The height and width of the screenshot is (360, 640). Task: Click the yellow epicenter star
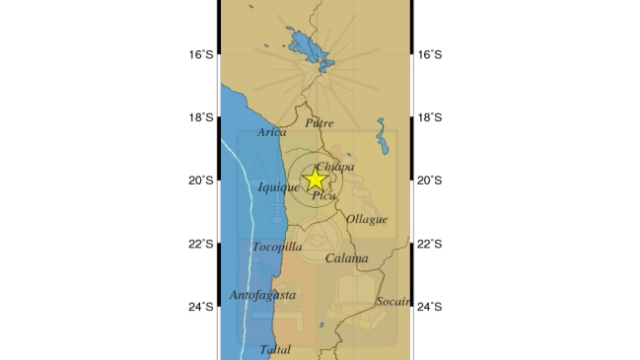pos(315,180)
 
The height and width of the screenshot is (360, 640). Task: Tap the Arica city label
pos(272,132)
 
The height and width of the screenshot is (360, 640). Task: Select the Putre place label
pos(320,123)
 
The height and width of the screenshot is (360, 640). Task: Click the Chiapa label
pos(335,167)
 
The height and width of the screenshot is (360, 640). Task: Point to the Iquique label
pos(278,187)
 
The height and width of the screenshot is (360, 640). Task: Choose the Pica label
pos(323,196)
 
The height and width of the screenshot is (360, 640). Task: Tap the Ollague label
pos(366,219)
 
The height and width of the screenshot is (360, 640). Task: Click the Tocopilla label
pos(277,247)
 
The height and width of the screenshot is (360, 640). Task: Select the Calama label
pos(346,258)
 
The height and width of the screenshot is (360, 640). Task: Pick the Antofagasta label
pos(261,295)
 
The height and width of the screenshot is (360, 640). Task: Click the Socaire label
pos(392,301)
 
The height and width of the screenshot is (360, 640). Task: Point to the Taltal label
pos(275,349)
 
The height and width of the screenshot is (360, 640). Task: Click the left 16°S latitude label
pos(201,55)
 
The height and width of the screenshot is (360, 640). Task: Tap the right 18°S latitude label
pos(430,118)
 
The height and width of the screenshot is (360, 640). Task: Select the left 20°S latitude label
pos(201,180)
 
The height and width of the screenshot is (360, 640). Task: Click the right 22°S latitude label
pos(430,245)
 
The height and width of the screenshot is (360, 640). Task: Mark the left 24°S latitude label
pos(201,307)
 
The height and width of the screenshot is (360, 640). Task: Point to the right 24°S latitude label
pos(430,307)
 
